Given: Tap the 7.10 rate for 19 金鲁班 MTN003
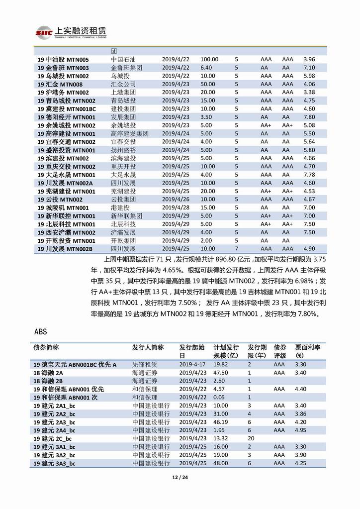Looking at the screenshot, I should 309,68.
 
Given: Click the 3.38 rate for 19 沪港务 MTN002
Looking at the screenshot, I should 309,92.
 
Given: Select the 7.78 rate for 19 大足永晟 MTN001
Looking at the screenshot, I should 309,175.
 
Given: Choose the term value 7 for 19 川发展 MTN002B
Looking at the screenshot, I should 236,248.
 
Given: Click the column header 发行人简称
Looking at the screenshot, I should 148,347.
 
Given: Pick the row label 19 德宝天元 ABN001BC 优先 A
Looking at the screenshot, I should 75,365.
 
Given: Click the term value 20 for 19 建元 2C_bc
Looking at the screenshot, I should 251,438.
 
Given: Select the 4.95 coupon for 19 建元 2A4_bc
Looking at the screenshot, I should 301,430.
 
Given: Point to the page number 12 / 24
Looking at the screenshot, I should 180,479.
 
